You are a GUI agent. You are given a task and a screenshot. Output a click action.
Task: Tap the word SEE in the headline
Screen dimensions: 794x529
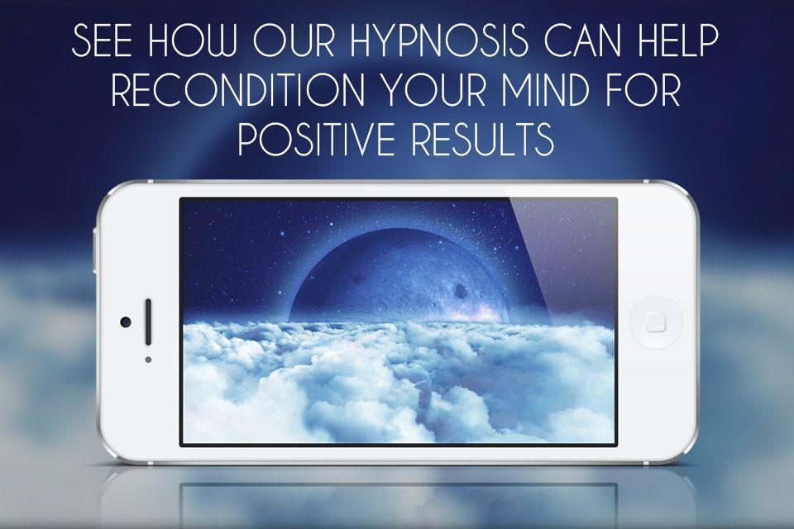pos(103,41)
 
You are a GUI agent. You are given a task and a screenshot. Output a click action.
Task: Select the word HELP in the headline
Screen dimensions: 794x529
pos(678,41)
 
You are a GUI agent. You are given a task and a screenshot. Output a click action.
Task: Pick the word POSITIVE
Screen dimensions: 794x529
pos(315,139)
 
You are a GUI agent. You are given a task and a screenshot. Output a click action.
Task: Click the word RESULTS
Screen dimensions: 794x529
pos(482,139)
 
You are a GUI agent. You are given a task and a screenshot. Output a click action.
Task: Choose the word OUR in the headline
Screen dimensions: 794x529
pos(294,41)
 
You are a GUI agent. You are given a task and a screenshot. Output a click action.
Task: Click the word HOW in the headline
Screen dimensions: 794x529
pos(193,41)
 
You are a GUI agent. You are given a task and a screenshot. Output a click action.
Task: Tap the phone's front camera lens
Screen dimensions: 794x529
pos(126,322)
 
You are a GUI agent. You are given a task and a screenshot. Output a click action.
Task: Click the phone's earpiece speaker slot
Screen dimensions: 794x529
pos(148,322)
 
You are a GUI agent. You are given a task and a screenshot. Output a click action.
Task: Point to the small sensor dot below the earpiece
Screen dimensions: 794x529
pos(148,360)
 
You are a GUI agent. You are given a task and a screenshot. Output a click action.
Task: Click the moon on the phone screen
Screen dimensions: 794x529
pos(400,276)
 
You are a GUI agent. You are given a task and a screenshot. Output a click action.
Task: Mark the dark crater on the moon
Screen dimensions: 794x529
pos(461,290)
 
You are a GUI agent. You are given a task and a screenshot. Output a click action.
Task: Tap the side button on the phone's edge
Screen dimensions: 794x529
pos(94,250)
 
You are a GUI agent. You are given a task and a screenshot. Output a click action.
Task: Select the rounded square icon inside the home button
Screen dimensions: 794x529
pos(656,322)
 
